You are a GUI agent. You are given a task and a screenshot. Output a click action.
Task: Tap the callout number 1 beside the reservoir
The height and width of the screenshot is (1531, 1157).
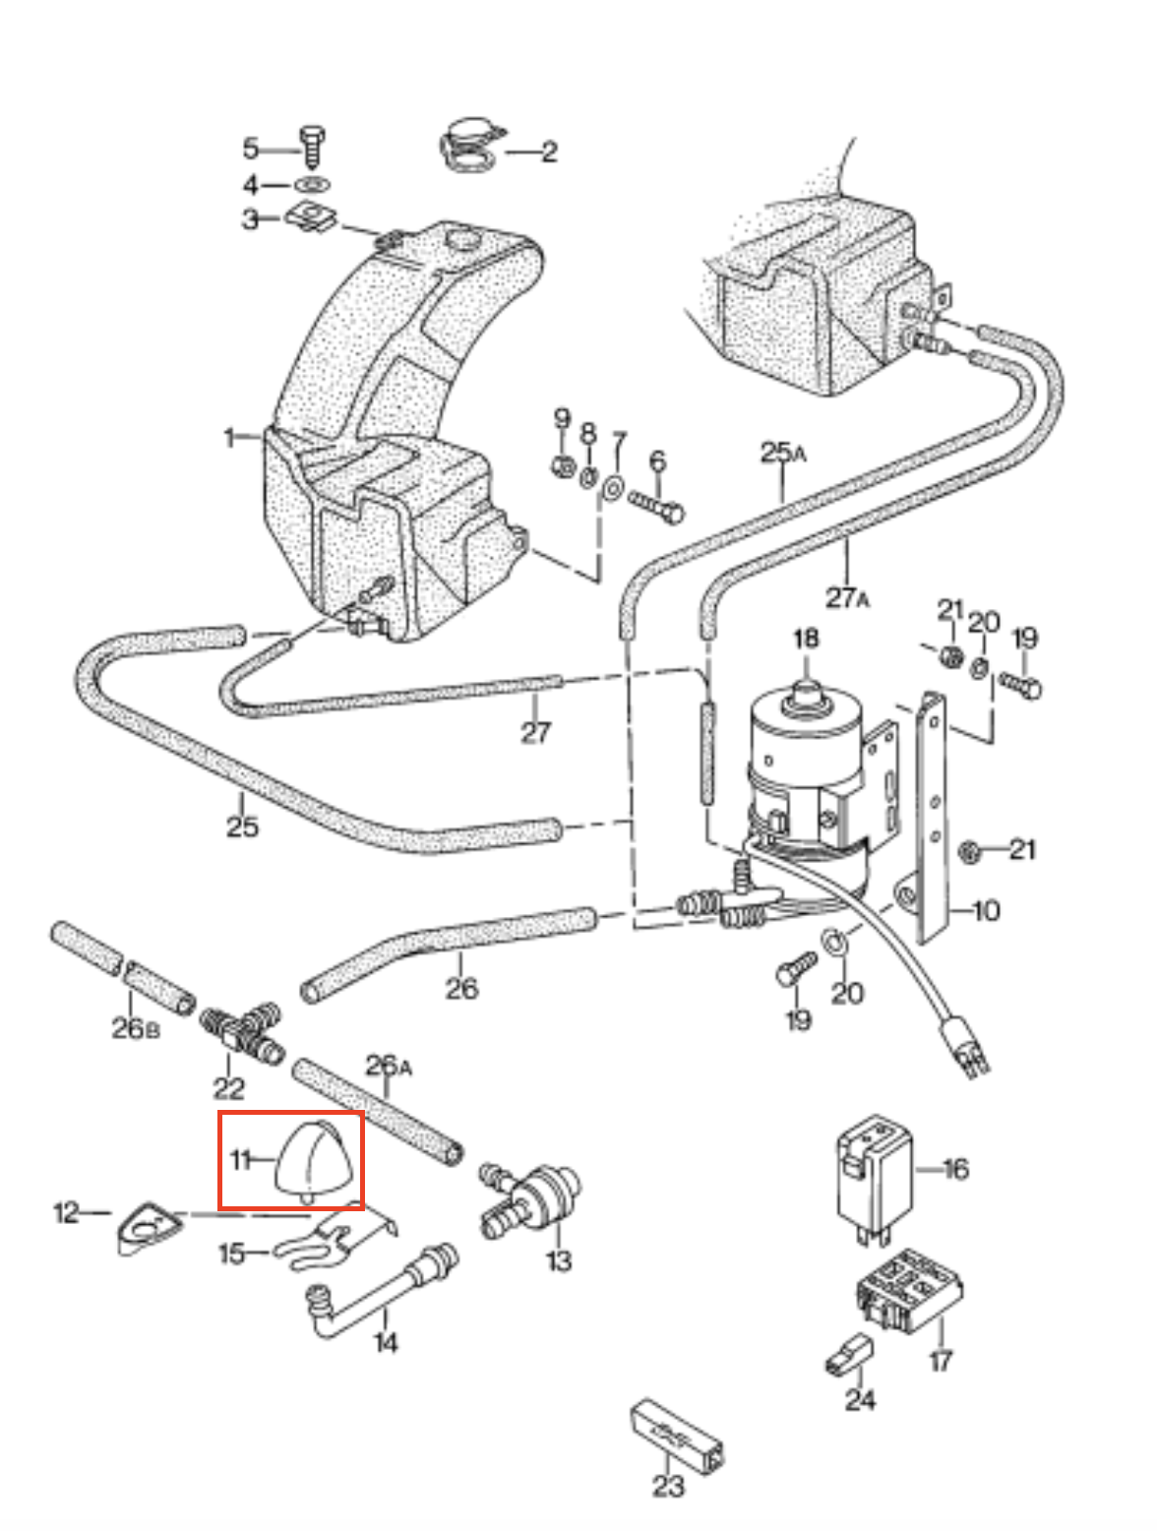tap(230, 436)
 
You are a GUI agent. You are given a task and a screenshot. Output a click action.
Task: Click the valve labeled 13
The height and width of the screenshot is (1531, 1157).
tap(536, 1198)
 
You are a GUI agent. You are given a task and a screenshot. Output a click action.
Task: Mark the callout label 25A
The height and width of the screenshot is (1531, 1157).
tap(783, 453)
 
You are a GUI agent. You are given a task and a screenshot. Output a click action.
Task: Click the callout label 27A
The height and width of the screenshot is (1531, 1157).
tap(847, 597)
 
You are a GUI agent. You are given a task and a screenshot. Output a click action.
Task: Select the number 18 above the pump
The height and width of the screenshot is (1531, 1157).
tap(806, 639)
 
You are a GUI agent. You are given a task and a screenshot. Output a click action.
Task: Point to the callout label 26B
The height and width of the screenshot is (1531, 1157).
tap(135, 1027)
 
